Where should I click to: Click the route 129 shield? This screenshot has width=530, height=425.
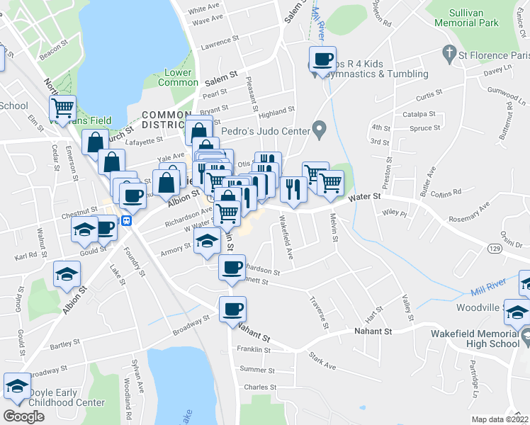495,248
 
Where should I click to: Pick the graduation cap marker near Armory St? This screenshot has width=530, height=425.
206,241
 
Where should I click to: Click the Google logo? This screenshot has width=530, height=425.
23,416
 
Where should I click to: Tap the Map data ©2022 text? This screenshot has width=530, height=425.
500,419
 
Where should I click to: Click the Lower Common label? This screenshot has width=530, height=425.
181,77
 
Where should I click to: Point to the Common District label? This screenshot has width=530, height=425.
166,120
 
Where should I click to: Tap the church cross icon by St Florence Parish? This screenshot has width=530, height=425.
448,52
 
